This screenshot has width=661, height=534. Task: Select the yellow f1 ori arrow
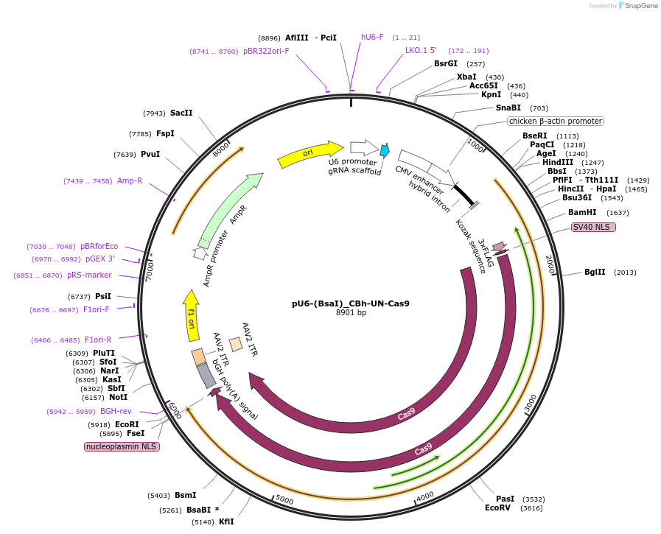click(x=192, y=316)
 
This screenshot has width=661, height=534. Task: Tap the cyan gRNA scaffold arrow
click(x=385, y=150)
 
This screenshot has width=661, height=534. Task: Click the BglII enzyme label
click(x=595, y=273)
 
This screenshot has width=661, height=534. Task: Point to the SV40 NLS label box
click(x=593, y=228)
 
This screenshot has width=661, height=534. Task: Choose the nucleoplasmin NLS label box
click(x=122, y=446)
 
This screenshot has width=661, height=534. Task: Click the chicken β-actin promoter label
click(x=555, y=121)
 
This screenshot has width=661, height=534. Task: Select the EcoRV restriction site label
click(x=497, y=508)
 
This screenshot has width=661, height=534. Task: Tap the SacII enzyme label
click(x=181, y=113)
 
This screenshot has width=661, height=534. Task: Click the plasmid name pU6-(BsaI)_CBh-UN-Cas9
click(x=351, y=303)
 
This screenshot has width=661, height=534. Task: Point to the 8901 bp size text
click(x=351, y=313)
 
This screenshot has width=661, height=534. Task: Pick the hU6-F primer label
click(x=372, y=37)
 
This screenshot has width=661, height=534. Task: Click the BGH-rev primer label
click(x=116, y=412)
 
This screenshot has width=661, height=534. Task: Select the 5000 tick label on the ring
click(x=284, y=502)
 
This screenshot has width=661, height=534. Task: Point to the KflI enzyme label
click(x=226, y=522)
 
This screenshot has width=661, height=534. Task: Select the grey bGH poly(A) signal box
click(x=206, y=376)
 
